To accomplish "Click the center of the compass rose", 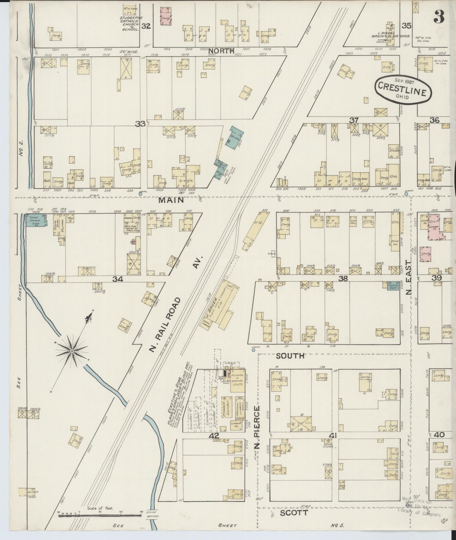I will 72,351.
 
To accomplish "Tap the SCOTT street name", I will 294,513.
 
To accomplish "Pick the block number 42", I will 214,435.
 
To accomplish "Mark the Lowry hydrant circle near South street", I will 253,350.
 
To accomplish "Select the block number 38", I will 343,278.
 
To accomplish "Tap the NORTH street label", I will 221,51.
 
